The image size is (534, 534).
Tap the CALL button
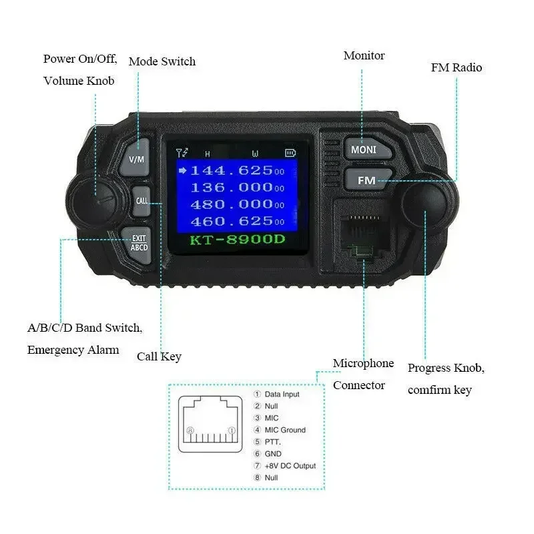tap(142, 201)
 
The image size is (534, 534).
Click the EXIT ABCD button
tap(137, 244)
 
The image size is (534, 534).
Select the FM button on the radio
tap(368, 180)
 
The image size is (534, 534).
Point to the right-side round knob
tap(426, 204)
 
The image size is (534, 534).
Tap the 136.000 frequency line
tap(237, 188)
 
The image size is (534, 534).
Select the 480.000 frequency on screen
tap(237, 204)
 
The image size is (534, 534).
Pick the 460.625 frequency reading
tap(237, 222)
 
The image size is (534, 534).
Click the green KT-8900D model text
tap(237, 240)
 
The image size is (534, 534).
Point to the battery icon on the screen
tap(290, 153)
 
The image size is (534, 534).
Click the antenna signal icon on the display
tap(182, 153)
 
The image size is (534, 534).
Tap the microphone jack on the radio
tap(363, 234)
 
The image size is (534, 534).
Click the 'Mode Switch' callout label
tap(162, 61)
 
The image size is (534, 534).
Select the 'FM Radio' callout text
tap(457, 67)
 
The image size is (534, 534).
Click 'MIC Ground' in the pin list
tap(285, 430)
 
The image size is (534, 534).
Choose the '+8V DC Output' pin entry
tap(290, 465)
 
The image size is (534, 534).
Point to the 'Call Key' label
tap(159, 356)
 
